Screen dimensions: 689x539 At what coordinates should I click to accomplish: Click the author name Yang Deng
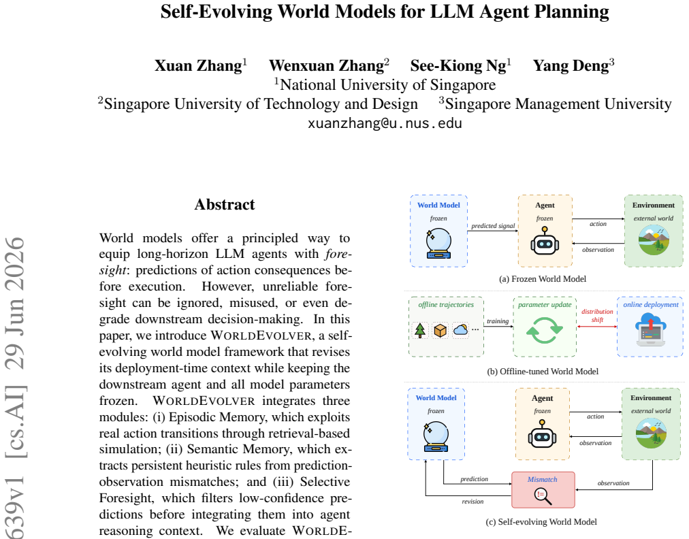pyautogui.click(x=571, y=65)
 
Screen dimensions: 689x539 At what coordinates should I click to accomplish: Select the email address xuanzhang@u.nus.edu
pyautogui.click(x=385, y=123)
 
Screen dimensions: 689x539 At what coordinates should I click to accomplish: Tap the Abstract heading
pyautogui.click(x=225, y=204)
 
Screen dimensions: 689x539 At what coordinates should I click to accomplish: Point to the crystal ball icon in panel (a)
pyautogui.click(x=438, y=244)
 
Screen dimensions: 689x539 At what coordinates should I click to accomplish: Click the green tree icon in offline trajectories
pyautogui.click(x=420, y=330)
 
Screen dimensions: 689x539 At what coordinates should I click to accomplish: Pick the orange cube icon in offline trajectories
pyautogui.click(x=440, y=330)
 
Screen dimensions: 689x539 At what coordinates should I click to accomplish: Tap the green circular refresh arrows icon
pyautogui.click(x=545, y=329)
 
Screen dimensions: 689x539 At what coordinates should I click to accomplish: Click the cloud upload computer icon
pyautogui.click(x=651, y=329)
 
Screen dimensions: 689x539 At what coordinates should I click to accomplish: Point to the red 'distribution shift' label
pyautogui.click(x=597, y=315)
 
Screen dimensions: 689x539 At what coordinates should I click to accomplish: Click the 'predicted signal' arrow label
pyautogui.click(x=493, y=226)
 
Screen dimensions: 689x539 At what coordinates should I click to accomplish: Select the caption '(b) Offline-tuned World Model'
pyautogui.click(x=543, y=371)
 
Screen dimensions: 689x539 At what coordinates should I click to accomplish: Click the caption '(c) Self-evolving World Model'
pyautogui.click(x=541, y=521)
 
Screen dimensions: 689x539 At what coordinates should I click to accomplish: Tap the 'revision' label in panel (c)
pyautogui.click(x=472, y=501)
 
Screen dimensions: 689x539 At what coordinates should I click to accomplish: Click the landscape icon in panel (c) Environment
pyautogui.click(x=651, y=433)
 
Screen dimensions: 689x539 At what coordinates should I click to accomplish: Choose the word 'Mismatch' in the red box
pyautogui.click(x=542, y=479)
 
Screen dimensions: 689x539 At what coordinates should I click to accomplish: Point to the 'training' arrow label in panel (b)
pyautogui.click(x=498, y=321)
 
